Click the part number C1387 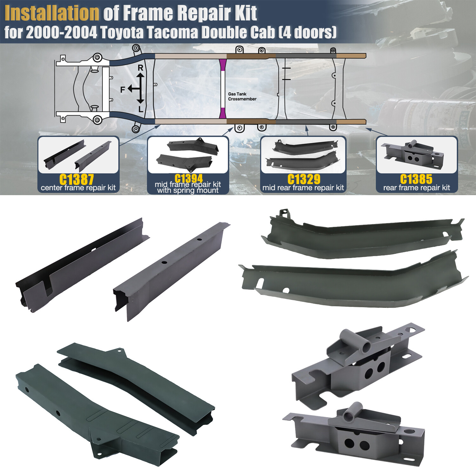[x=76, y=179]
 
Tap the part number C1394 [x=188, y=178]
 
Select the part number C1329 [x=304, y=179]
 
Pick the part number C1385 [x=416, y=179]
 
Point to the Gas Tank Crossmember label [x=242, y=96]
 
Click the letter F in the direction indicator [x=123, y=90]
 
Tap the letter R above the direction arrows [x=141, y=68]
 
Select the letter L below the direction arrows [x=141, y=110]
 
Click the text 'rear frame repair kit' [x=416, y=188]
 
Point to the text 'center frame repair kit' [x=78, y=188]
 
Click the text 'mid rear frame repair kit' [x=303, y=188]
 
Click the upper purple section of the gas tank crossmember [x=223, y=65]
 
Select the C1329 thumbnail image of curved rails [x=303, y=154]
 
